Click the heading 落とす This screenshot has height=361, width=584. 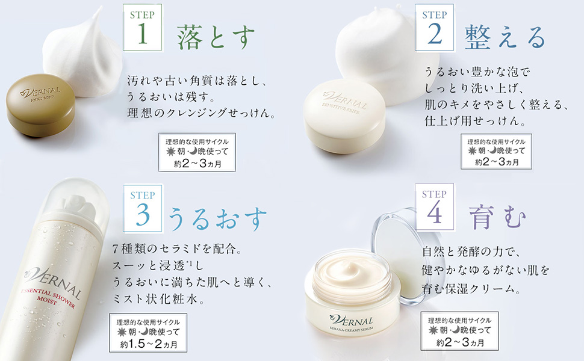pos(216,37)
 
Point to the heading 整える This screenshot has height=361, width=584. pos(505,37)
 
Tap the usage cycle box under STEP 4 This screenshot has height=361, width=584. pos(460,332)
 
